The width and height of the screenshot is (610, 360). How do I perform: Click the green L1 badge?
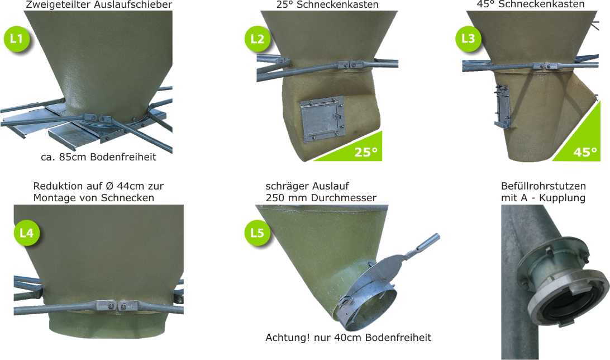click(16, 39)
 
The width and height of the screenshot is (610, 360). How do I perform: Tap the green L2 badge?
click(258, 39)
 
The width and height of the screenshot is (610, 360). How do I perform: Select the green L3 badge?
click(468, 39)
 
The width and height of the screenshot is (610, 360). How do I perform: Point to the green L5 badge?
click(257, 233)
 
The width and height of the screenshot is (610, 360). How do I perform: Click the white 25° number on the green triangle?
click(366, 152)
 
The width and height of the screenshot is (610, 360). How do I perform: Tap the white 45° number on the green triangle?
click(585, 152)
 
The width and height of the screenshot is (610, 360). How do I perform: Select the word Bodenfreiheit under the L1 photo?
click(123, 157)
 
